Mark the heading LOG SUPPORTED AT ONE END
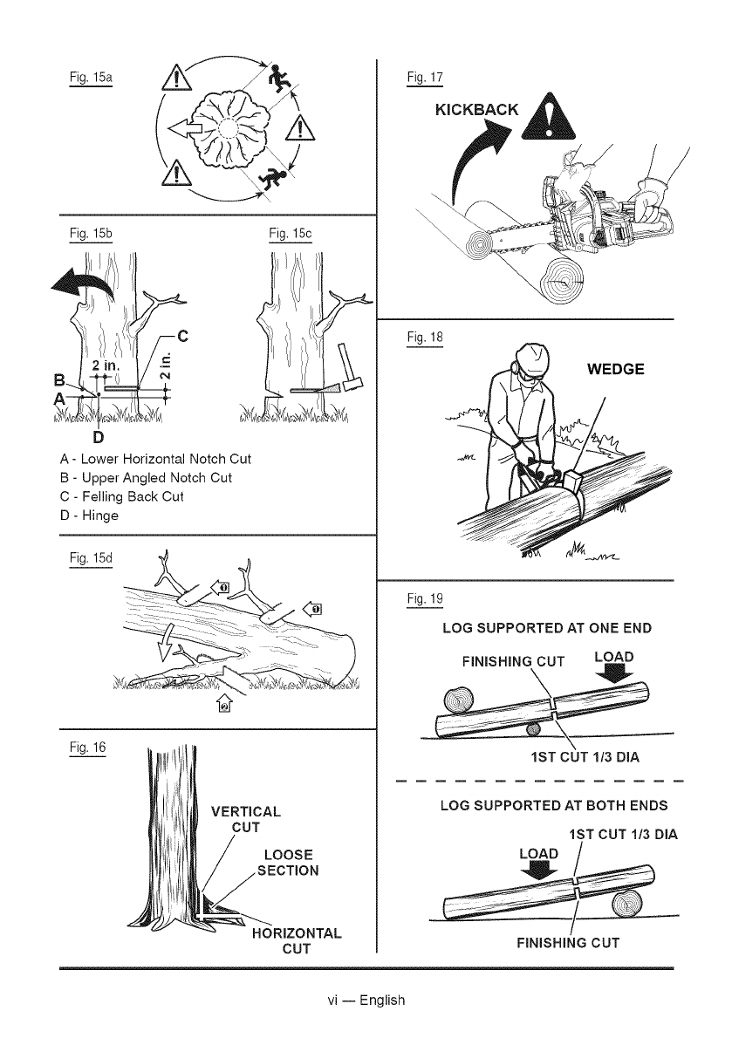[547, 628]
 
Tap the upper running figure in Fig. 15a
[279, 79]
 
